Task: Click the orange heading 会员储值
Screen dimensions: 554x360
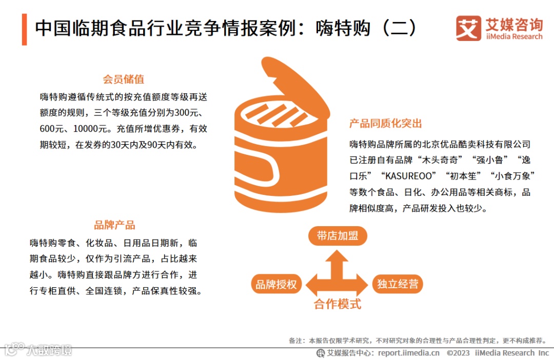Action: pos(123,79)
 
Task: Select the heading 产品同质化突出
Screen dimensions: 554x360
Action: pos(385,123)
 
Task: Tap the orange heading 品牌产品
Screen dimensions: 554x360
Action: pos(114,225)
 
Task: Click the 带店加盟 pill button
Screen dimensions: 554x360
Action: pos(338,236)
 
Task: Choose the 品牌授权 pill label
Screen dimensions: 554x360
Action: pos(276,284)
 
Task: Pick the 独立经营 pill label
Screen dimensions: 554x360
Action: pos(398,284)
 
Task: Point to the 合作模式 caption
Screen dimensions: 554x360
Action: pos(338,304)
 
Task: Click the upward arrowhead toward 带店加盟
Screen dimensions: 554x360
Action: pos(337,256)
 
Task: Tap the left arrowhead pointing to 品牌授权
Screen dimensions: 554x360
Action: pos(312,285)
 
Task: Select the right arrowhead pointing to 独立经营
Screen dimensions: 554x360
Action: pos(362,285)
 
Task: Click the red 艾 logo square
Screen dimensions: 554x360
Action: pos(468,28)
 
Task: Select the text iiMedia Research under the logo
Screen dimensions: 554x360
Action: pos(514,37)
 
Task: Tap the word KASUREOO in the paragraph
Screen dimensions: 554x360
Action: pos(408,176)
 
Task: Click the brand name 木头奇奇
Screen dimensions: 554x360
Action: pos(440,160)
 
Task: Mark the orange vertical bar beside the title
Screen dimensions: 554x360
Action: pos(25,29)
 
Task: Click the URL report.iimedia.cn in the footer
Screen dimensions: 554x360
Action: pos(409,353)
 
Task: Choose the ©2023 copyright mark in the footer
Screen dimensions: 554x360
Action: pos(458,353)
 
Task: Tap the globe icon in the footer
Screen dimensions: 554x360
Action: pos(321,353)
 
